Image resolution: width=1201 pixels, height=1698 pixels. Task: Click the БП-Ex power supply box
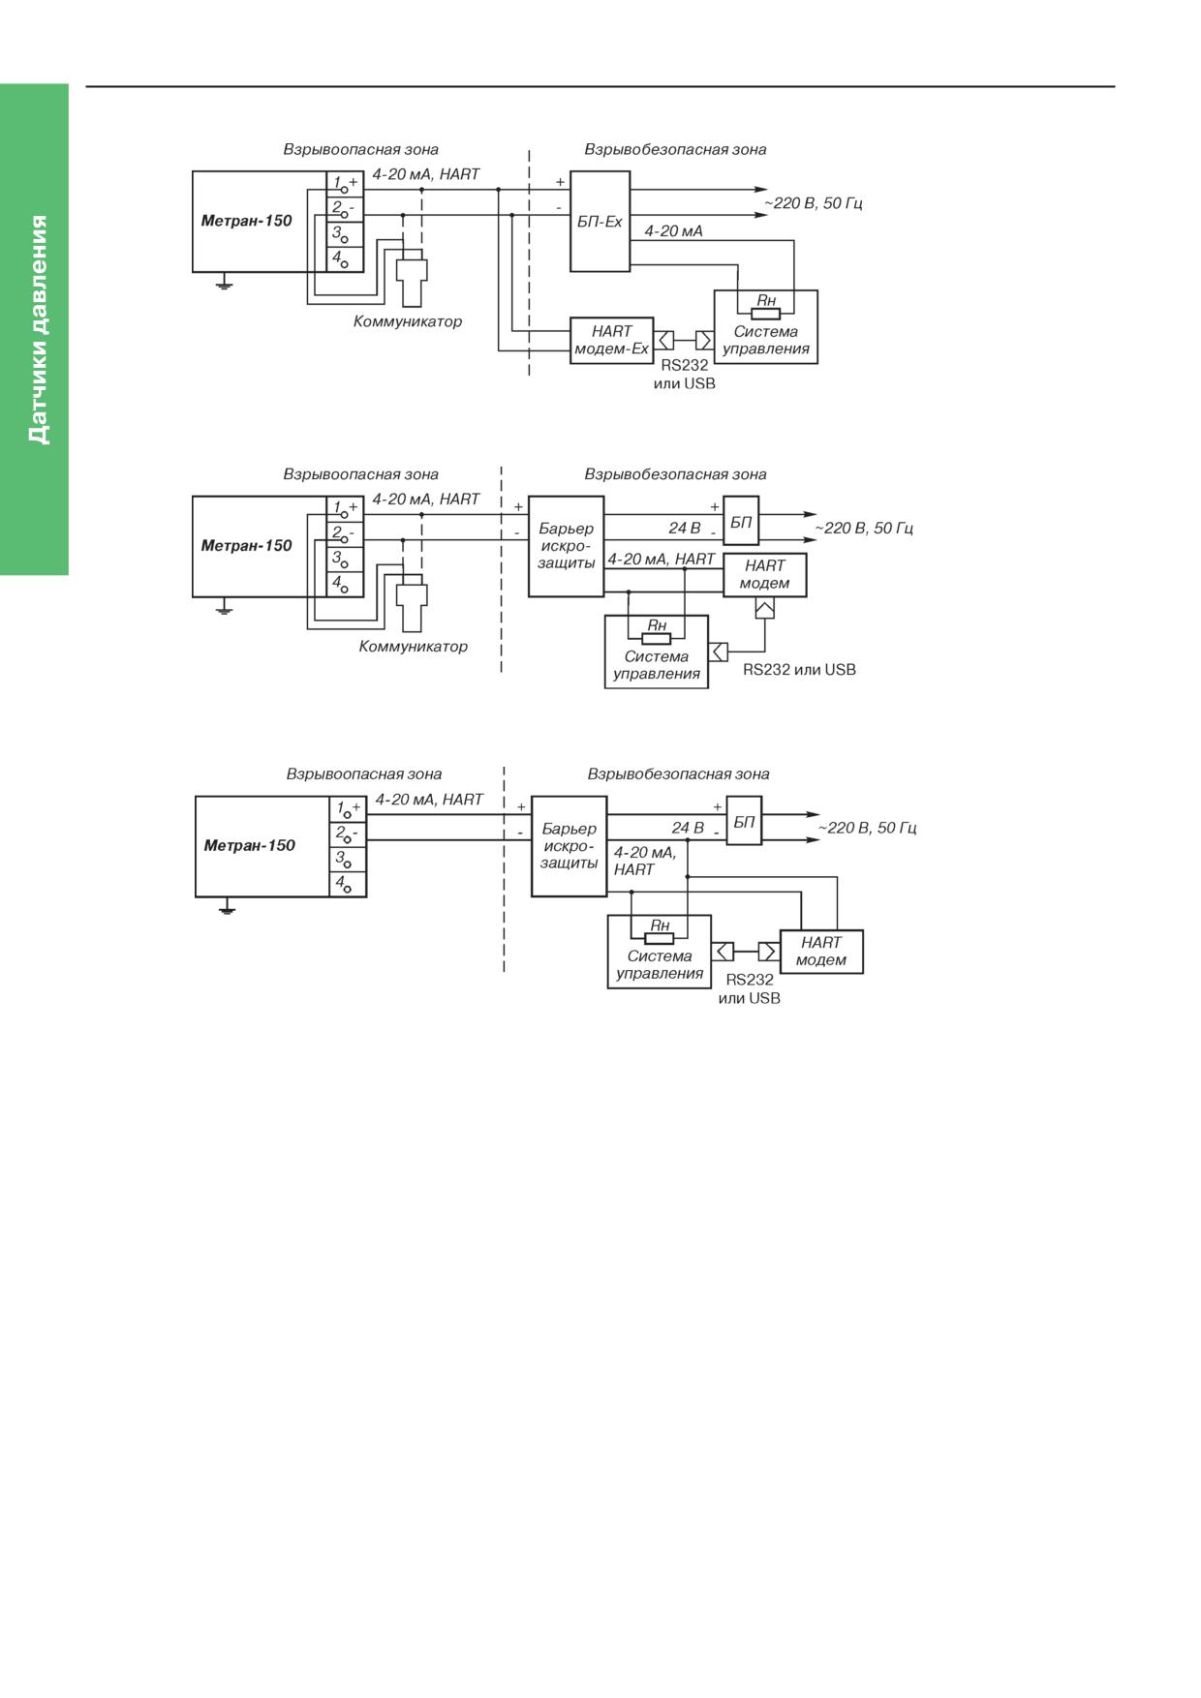pyautogui.click(x=600, y=222)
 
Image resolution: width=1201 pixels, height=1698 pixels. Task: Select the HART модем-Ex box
pyautogui.click(x=611, y=340)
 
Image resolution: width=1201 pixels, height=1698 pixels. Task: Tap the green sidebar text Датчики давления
pyautogui.click(x=38, y=329)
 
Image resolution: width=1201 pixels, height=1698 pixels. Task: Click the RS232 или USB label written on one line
pyautogui.click(x=799, y=670)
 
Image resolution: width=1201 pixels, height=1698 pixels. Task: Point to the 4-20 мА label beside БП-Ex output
pyautogui.click(x=673, y=231)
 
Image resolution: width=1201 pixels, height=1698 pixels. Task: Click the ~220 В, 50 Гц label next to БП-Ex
pyautogui.click(x=814, y=203)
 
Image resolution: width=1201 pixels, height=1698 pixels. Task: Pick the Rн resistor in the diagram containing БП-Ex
pyautogui.click(x=765, y=313)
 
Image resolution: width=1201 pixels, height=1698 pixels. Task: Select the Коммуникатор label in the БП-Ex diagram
pyautogui.click(x=408, y=321)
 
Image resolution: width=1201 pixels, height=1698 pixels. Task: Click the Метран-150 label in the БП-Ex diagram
pyautogui.click(x=246, y=221)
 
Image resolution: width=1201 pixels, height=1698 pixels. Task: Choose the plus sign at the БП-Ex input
pyautogui.click(x=560, y=182)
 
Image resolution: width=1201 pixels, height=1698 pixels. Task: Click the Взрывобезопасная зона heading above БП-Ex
pyautogui.click(x=675, y=150)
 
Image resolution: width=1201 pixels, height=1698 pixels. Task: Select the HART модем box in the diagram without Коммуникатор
pyautogui.click(x=821, y=952)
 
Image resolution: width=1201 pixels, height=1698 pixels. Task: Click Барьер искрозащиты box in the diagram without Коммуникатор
pyautogui.click(x=569, y=846)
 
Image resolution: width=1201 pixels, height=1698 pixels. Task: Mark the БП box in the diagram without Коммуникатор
pyautogui.click(x=744, y=821)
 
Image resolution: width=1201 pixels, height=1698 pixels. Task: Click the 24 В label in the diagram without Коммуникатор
pyautogui.click(x=688, y=829)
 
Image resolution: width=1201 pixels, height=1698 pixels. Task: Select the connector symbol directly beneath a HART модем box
pyautogui.click(x=764, y=608)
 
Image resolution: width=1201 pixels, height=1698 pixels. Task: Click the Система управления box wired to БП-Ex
pyautogui.click(x=765, y=327)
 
